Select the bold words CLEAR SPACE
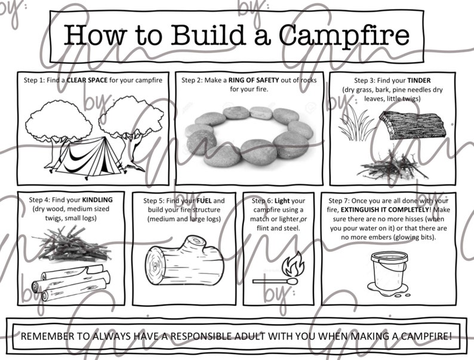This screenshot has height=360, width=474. (87, 79)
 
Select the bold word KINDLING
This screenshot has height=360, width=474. (97, 199)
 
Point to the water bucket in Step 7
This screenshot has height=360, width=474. (386, 270)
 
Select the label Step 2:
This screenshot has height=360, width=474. (196, 79)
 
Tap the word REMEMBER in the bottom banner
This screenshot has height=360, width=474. (48, 336)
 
